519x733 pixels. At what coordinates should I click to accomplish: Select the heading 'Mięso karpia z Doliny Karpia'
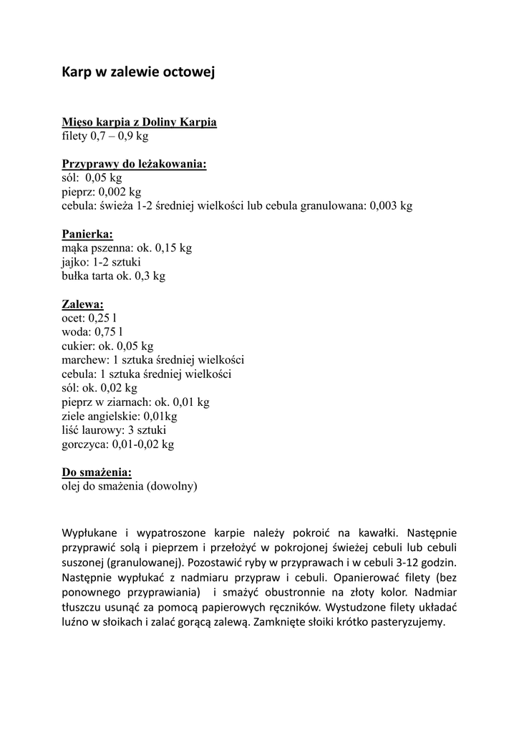[x=139, y=122]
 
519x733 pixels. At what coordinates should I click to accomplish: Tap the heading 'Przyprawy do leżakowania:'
[x=134, y=165]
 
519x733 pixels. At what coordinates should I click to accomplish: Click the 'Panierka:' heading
[x=87, y=234]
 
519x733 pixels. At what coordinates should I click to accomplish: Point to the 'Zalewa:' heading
[x=82, y=304]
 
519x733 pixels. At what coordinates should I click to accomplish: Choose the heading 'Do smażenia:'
[x=97, y=472]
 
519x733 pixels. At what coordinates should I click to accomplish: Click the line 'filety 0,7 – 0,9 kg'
[x=105, y=136]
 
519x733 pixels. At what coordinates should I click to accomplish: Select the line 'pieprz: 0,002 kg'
[x=101, y=192]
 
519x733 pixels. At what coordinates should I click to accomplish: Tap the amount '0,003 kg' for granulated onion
[x=391, y=206]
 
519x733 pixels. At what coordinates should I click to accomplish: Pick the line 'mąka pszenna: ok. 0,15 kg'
[x=127, y=248]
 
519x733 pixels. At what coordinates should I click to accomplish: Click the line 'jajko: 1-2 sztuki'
[x=101, y=262]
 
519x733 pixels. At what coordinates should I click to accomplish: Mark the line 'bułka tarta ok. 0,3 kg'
[x=113, y=276]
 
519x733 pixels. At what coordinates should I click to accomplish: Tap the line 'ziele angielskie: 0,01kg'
[x=119, y=416]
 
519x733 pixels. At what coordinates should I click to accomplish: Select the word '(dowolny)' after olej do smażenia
[x=172, y=487]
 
